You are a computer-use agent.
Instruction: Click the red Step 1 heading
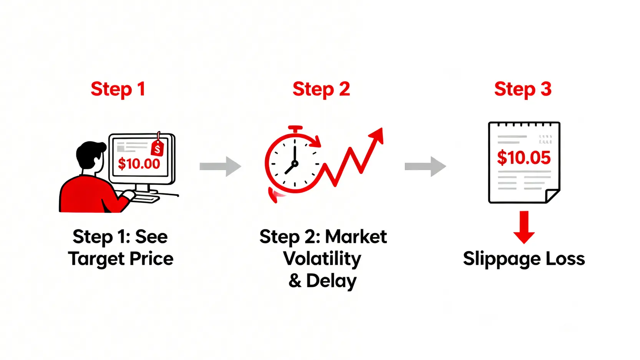[118, 89]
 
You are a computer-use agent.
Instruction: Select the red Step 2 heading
[321, 89]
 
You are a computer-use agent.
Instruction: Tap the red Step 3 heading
[523, 89]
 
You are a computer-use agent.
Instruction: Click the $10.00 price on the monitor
[139, 164]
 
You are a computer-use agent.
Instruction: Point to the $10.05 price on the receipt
[524, 158]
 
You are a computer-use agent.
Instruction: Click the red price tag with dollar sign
[158, 148]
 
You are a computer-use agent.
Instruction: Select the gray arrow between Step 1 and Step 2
[220, 166]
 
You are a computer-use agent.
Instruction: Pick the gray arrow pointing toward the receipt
[425, 166]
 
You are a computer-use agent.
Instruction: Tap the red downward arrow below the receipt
[524, 227]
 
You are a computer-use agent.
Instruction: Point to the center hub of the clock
[295, 164]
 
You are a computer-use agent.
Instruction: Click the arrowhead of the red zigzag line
[377, 135]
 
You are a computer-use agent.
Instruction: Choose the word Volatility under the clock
[322, 259]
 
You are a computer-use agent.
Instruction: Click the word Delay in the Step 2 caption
[331, 281]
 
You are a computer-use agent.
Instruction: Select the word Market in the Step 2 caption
[356, 237]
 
